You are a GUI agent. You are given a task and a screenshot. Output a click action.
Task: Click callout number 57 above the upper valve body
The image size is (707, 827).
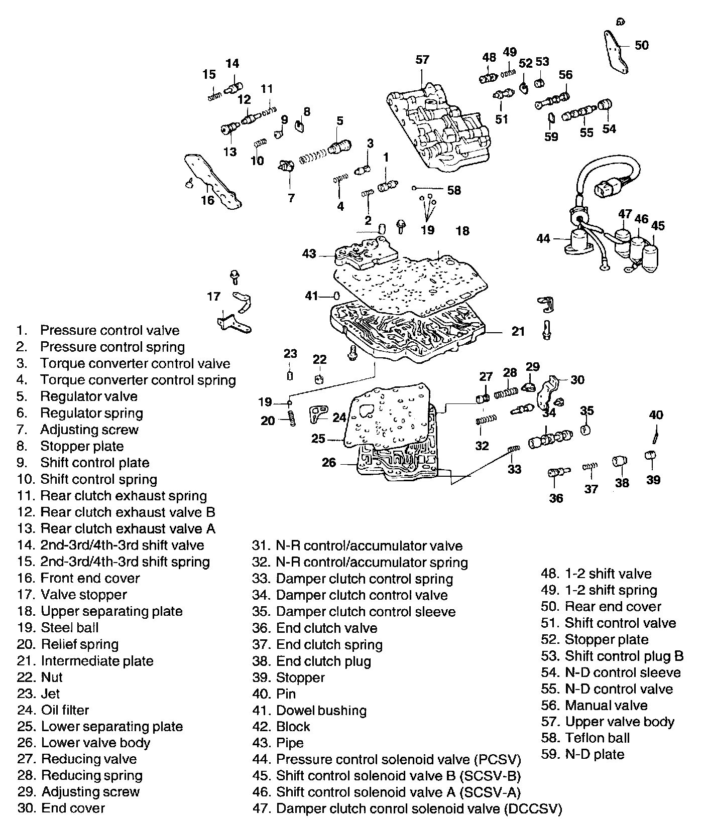click(422, 60)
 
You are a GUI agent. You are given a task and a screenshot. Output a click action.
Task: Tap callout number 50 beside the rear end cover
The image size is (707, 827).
click(641, 45)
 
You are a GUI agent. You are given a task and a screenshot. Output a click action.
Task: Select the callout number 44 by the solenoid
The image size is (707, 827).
click(543, 239)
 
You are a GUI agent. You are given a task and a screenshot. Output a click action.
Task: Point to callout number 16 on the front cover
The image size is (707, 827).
click(207, 200)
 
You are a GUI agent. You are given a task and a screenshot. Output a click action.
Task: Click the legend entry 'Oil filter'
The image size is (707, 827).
click(65, 710)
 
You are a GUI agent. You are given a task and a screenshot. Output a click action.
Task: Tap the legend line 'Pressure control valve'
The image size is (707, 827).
click(109, 330)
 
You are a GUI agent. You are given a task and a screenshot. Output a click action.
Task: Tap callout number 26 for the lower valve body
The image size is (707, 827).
click(328, 462)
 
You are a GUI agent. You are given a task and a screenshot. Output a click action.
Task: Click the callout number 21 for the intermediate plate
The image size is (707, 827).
click(518, 331)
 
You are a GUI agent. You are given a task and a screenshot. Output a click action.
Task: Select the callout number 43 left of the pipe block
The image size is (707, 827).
click(309, 254)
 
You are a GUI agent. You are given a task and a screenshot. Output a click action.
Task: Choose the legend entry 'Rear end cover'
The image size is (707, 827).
click(613, 606)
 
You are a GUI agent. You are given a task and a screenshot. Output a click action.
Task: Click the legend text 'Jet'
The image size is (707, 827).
click(50, 694)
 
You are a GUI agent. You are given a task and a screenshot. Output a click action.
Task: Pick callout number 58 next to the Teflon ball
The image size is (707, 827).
click(453, 190)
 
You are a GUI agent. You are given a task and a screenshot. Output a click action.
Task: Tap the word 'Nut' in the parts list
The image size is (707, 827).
click(52, 677)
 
